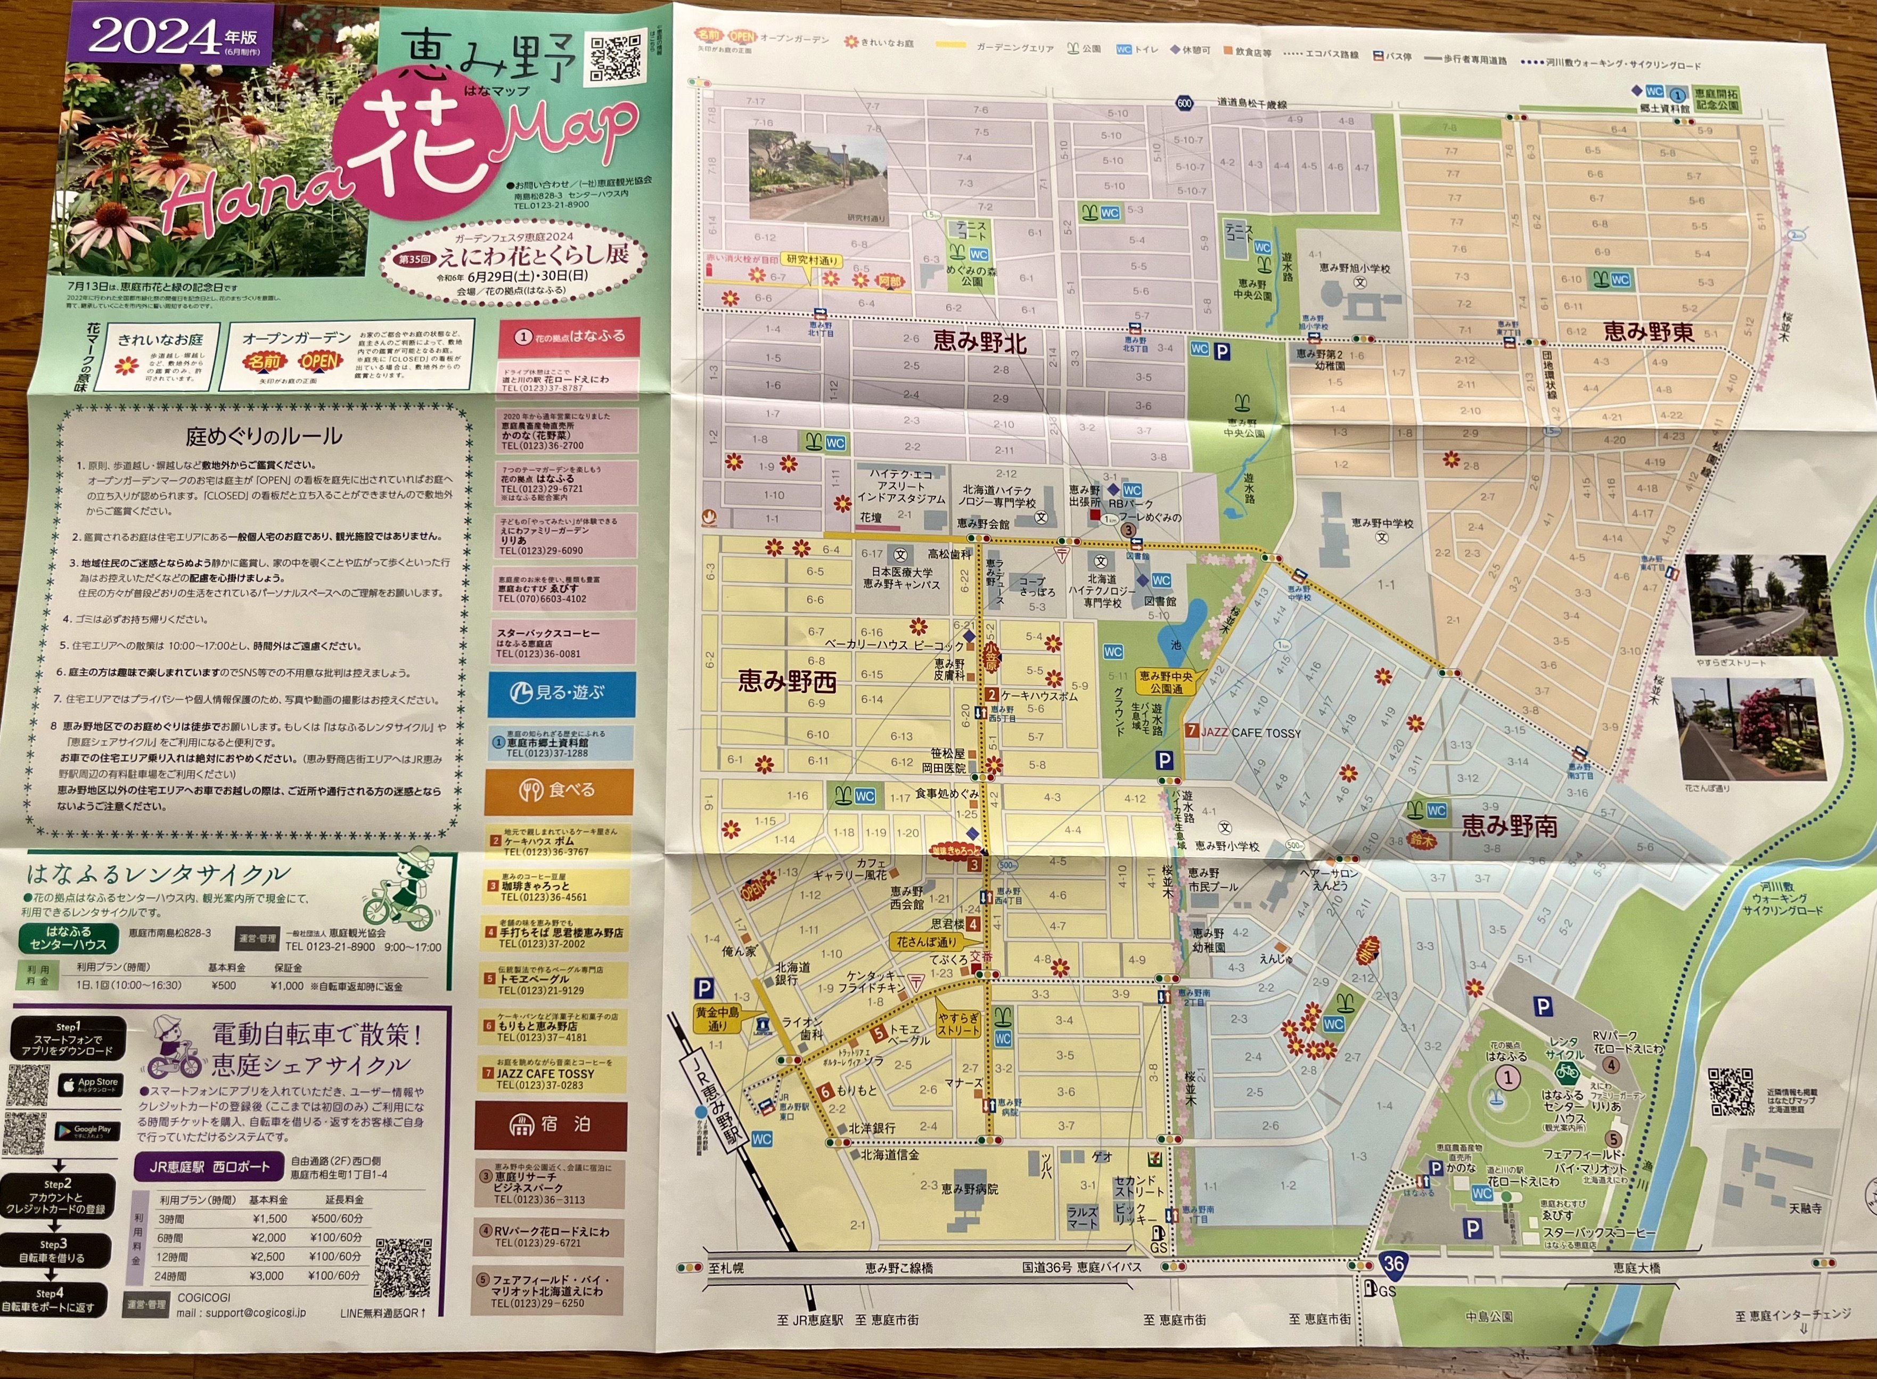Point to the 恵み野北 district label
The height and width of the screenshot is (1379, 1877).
(979, 341)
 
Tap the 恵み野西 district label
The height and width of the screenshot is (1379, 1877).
(786, 682)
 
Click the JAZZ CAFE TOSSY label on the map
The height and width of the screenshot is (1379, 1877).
(1250, 733)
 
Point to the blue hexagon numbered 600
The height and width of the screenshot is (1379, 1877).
(1184, 103)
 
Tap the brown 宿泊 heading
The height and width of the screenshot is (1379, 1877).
(550, 1125)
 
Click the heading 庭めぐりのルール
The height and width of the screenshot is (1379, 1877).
(263, 436)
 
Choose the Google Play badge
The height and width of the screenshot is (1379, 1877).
(87, 1131)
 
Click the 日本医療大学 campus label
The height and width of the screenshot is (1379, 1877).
(901, 573)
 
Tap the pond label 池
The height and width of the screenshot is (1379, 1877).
(1176, 644)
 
